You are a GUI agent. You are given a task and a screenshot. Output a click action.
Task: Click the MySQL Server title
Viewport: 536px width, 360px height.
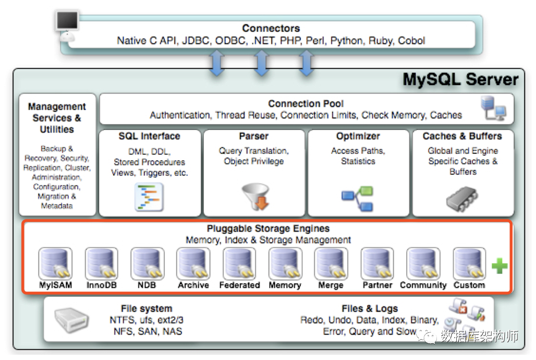[x=460, y=80]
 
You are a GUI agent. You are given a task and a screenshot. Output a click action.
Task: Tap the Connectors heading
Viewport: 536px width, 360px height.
[x=271, y=28]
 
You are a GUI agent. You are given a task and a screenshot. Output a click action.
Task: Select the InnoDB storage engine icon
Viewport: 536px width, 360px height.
[x=102, y=263]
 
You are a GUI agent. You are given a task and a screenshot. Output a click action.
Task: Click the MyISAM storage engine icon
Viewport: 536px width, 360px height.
[x=55, y=263]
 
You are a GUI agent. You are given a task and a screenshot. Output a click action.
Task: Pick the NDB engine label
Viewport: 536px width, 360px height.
[x=147, y=285]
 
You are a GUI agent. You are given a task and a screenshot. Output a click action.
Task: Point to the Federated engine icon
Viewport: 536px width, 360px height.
[x=239, y=263]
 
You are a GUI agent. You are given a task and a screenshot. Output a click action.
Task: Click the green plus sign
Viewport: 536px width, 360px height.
[x=500, y=266]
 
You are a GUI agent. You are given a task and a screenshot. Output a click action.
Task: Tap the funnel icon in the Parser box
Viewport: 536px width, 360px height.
[x=256, y=196]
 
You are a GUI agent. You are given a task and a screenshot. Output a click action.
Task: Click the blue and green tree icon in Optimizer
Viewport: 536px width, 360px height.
[x=357, y=198]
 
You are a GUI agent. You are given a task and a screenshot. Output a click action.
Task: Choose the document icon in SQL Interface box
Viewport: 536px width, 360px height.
[x=149, y=197]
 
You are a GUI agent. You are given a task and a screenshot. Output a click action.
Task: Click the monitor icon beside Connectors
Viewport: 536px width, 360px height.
[x=67, y=26]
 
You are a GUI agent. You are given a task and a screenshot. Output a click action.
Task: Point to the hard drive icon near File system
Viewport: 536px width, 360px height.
[x=71, y=320]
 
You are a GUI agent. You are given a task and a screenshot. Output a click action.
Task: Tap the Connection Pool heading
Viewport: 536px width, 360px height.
[x=306, y=104]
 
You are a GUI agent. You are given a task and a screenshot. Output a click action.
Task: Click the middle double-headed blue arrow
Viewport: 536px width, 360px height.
[x=262, y=63]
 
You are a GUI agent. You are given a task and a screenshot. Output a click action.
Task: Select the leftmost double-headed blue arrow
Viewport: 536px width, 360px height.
[x=217, y=63]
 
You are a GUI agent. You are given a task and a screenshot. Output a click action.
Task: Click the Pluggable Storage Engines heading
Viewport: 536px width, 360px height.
[x=269, y=229]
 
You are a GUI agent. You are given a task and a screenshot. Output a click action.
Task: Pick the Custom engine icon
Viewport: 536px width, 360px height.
[x=469, y=263]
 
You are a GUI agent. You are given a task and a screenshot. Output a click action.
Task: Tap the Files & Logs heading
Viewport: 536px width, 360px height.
[x=370, y=309]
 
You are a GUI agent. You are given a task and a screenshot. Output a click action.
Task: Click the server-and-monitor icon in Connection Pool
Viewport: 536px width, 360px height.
[x=493, y=108]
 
